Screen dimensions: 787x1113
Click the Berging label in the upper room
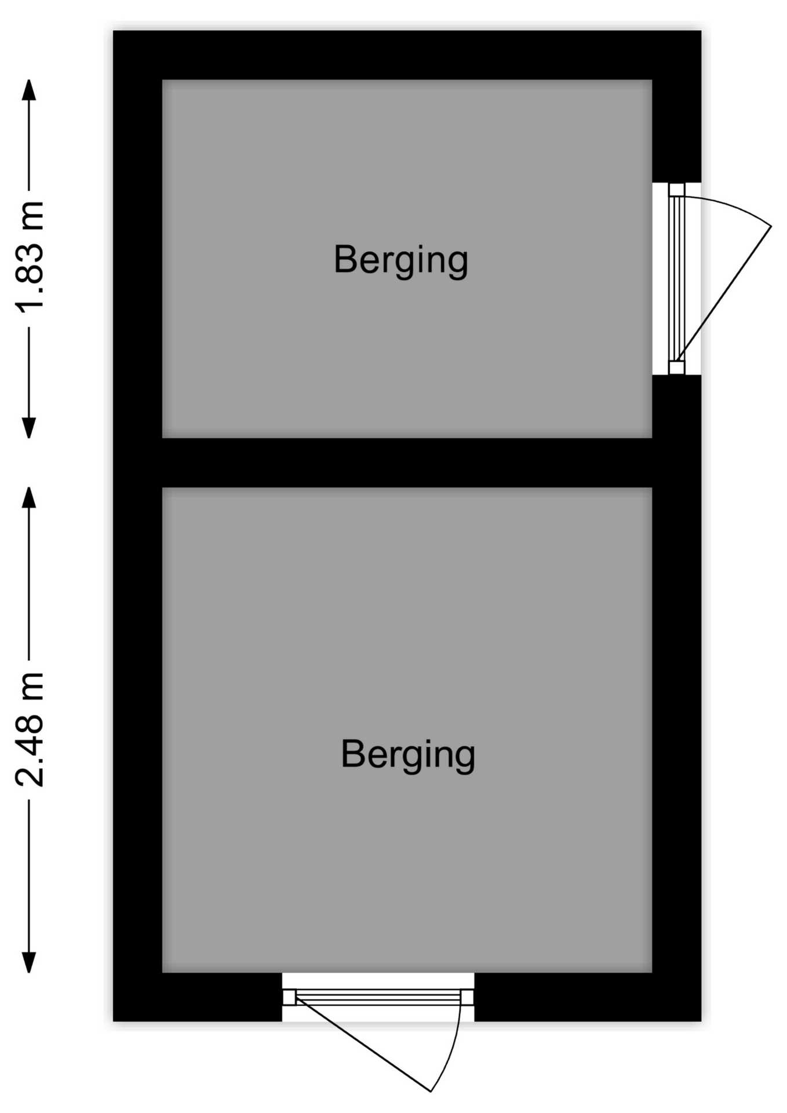click(x=400, y=261)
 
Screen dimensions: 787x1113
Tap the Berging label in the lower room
click(x=408, y=755)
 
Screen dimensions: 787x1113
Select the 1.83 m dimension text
click(x=30, y=257)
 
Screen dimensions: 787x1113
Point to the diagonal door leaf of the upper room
click(x=724, y=293)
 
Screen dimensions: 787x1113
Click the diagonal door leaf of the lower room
click(x=363, y=1046)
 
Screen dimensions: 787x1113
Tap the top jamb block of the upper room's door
click(x=677, y=190)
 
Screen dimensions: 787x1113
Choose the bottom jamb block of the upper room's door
click(x=677, y=368)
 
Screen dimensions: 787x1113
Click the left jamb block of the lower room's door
click(x=289, y=997)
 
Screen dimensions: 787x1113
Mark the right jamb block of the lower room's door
click(x=467, y=997)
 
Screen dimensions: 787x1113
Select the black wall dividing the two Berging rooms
click(x=407, y=463)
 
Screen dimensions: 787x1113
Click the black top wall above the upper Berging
click(x=407, y=55)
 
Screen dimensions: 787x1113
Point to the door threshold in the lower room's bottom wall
click(x=378, y=997)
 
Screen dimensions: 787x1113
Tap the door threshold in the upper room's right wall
click(x=677, y=279)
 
